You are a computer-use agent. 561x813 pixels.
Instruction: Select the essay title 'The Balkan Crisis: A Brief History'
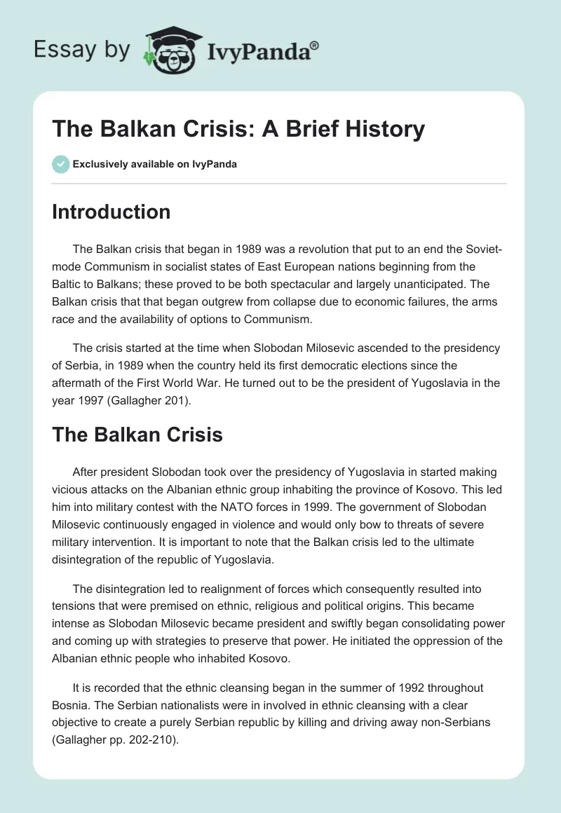238,129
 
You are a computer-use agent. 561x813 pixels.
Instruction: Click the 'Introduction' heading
111,212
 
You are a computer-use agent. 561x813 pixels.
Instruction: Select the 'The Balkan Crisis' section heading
137,435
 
